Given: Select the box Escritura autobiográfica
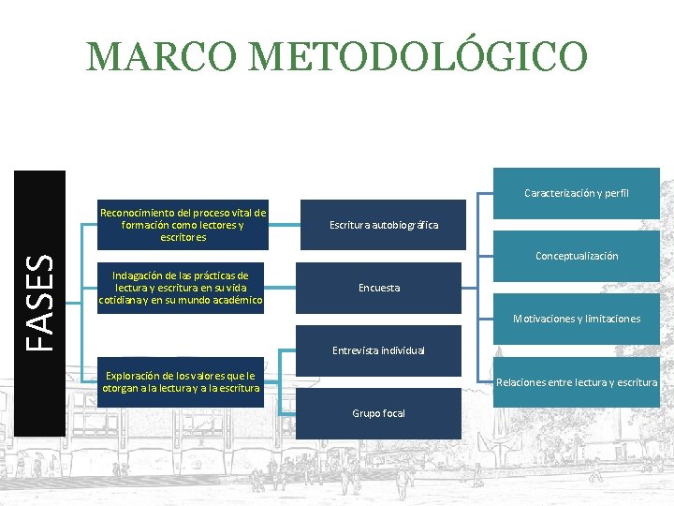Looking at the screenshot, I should (383, 225).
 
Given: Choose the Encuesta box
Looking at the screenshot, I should (378, 288).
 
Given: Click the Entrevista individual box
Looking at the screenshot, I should (378, 350).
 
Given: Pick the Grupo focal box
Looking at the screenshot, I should (378, 413).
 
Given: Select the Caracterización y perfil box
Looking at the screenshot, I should (576, 193).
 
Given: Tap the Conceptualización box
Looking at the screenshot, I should (576, 256).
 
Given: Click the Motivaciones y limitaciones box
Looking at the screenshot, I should (576, 319).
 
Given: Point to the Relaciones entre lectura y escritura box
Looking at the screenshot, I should (576, 381).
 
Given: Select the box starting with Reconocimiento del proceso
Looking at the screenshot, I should (183, 225).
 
